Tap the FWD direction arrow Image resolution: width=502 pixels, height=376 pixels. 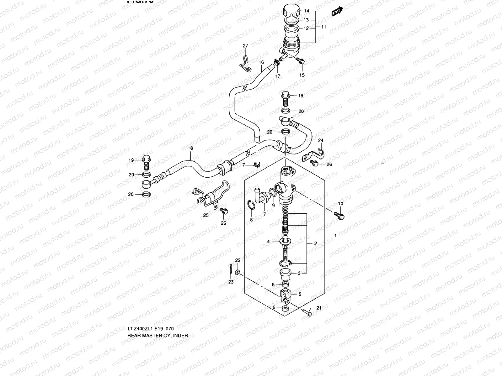[337, 12]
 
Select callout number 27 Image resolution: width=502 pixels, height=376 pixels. [245, 46]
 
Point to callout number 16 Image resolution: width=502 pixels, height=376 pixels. [261, 62]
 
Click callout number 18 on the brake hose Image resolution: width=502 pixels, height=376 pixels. [190, 148]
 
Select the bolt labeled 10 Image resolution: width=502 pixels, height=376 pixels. [339, 215]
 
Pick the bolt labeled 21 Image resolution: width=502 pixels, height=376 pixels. [307, 312]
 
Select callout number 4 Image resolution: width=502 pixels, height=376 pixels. [268, 241]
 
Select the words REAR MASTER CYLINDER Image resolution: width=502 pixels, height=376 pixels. [158, 335]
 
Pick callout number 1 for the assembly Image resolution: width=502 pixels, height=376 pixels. [335, 235]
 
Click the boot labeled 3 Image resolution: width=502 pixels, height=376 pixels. [286, 273]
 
